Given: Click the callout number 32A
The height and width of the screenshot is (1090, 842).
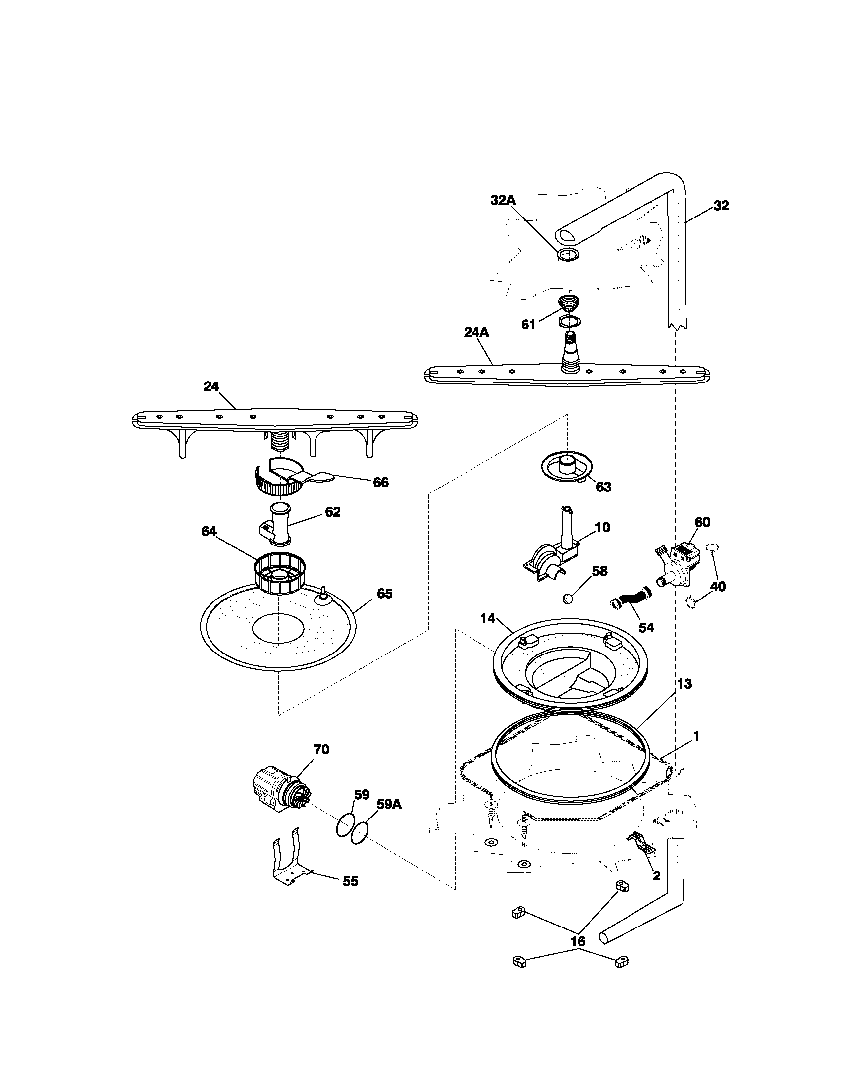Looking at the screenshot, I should (x=503, y=200).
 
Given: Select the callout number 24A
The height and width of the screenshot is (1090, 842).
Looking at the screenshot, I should (x=476, y=332).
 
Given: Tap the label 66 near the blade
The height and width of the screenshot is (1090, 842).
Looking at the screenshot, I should (x=380, y=482).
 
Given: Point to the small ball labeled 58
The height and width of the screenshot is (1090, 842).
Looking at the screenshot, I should (x=567, y=599).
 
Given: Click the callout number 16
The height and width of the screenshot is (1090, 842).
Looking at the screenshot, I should (x=578, y=941).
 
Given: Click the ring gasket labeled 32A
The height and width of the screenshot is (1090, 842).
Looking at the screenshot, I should (x=569, y=255).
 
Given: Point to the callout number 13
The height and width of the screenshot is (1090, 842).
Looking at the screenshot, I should (x=685, y=684).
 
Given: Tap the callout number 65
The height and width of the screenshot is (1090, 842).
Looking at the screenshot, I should (x=384, y=594).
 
